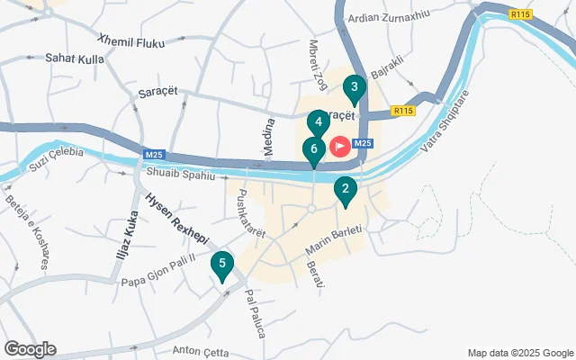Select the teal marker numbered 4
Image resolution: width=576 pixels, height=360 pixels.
pyautogui.click(x=319, y=122)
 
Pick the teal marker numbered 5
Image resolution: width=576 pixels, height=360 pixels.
pyautogui.click(x=221, y=265)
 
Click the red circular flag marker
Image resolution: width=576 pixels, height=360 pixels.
pyautogui.click(x=340, y=145)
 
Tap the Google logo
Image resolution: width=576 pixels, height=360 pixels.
pyautogui.click(x=30, y=349)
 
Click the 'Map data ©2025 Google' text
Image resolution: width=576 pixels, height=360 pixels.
pyautogui.click(x=519, y=353)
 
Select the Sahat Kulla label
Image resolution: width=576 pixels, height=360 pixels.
pyautogui.click(x=74, y=58)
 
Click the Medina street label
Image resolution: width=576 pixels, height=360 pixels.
pyautogui.click(x=268, y=138)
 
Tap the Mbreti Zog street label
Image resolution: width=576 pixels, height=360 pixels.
pyautogui.click(x=318, y=64)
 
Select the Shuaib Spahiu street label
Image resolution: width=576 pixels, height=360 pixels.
pyautogui.click(x=179, y=175)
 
